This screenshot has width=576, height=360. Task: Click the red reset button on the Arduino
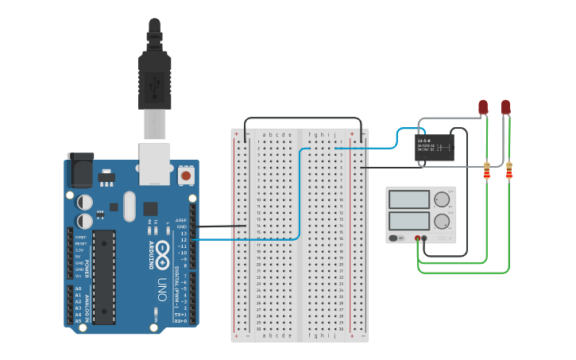point(185,175)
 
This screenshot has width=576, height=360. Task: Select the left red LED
point(482,106)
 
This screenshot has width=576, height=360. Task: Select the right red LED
point(505,106)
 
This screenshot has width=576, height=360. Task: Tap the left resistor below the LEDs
point(486,170)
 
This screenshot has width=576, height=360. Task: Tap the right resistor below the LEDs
point(508,170)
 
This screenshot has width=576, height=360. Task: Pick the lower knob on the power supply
point(441,221)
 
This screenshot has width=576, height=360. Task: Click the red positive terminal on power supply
point(417,238)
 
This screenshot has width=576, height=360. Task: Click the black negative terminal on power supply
point(424,238)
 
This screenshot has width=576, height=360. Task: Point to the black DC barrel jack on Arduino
point(79,169)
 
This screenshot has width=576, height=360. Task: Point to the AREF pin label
point(181,220)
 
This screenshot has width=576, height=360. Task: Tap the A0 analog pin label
point(78,288)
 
